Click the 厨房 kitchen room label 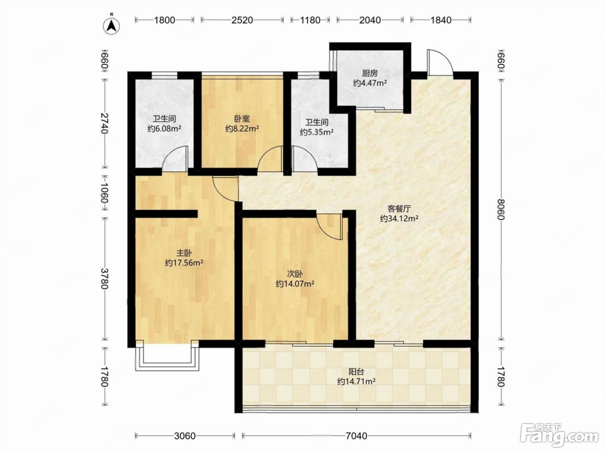tap(370, 73)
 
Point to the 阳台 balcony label tap(356, 372)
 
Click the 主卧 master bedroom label tap(184, 253)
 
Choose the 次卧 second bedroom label tap(295, 274)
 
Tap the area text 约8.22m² tap(242, 129)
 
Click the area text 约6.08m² tap(164, 129)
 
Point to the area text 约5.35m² tap(317, 132)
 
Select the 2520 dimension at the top tap(242, 20)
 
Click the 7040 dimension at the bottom tap(357, 436)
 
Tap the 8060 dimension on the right tap(501, 209)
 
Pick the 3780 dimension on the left tap(104, 278)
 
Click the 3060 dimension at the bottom tap(185, 436)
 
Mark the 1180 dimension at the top tap(310, 20)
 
